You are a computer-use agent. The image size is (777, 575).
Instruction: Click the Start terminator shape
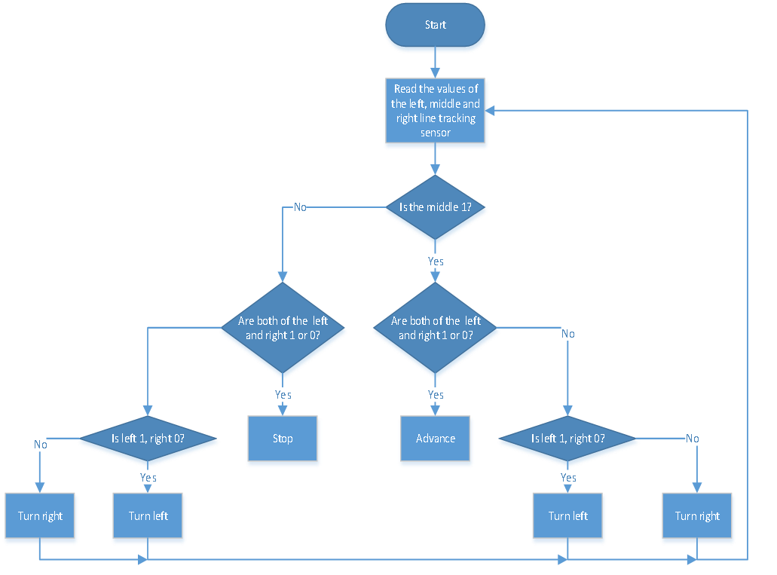click(435, 25)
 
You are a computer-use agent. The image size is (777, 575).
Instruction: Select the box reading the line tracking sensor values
click(435, 111)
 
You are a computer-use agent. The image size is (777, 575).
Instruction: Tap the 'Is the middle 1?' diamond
click(435, 207)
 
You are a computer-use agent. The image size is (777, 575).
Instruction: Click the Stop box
click(283, 438)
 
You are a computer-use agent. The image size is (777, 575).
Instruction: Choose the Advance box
click(435, 438)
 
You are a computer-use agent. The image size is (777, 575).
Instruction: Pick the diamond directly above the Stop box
click(283, 328)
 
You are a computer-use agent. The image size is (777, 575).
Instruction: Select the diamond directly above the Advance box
click(435, 328)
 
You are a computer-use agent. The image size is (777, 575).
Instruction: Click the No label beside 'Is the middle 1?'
click(300, 207)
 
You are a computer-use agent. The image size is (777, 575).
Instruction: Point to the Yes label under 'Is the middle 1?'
click(436, 262)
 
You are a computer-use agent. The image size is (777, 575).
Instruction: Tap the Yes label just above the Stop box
click(283, 395)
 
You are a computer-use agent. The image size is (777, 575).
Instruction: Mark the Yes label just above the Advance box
click(436, 395)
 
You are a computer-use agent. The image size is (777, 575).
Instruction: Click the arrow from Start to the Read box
click(435, 63)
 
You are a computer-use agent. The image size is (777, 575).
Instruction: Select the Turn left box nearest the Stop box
click(148, 515)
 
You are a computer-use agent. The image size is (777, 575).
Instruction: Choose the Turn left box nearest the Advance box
click(567, 515)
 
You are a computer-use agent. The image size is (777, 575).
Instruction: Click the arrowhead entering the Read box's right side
click(490, 111)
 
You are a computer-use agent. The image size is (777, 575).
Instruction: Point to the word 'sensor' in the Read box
click(436, 133)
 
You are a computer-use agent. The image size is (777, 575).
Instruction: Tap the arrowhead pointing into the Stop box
click(283, 411)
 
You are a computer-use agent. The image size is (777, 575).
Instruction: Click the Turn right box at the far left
click(40, 515)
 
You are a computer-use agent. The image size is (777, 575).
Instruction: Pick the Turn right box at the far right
click(696, 515)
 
